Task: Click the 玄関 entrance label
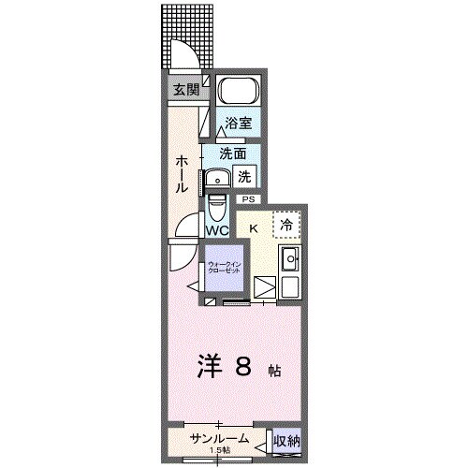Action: pyautogui.click(x=185, y=90)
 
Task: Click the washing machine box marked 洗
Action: pyautogui.click(x=243, y=175)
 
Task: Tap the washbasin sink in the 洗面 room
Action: pyautogui.click(x=221, y=178)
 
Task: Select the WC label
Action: pyautogui.click(x=216, y=230)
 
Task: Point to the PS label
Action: pyautogui.click(x=248, y=198)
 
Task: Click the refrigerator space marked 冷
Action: pyautogui.click(x=287, y=225)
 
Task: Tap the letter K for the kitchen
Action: pyautogui.click(x=253, y=227)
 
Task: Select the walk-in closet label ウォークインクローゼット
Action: pyautogui.click(x=223, y=268)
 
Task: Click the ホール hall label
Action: pyautogui.click(x=179, y=174)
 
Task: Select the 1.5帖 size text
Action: pyautogui.click(x=221, y=451)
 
